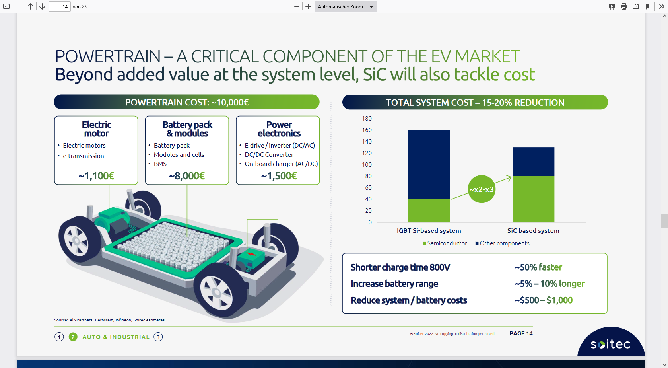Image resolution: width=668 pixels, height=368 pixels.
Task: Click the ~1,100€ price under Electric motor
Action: [x=96, y=176]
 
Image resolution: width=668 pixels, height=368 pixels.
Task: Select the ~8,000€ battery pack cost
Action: [x=187, y=176]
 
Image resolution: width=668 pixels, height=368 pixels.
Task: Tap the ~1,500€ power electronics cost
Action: [x=279, y=176]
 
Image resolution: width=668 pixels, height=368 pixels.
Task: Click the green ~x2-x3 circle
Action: [x=481, y=189]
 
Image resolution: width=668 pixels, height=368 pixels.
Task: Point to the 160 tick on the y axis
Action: [x=367, y=130]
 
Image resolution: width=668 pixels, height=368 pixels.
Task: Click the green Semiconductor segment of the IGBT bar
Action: [x=429, y=211]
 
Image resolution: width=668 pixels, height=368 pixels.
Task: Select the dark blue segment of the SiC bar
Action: [x=533, y=162]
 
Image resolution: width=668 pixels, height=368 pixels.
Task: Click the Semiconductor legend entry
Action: [x=445, y=243]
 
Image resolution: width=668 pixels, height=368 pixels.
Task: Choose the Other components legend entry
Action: [x=503, y=243]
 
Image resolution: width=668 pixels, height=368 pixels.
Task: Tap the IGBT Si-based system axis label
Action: [x=429, y=231]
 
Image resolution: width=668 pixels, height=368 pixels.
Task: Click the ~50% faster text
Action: [x=538, y=267]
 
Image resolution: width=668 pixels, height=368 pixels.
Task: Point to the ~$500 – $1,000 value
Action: [x=543, y=300]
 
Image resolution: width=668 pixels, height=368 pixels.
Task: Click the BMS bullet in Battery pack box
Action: [x=160, y=164]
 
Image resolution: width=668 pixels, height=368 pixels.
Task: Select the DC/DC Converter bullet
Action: [x=269, y=155]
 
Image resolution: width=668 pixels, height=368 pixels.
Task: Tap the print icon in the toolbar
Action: [x=623, y=6]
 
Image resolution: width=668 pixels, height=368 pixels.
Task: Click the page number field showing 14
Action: [x=60, y=6]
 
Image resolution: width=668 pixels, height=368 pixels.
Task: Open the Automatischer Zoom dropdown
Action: [x=346, y=6]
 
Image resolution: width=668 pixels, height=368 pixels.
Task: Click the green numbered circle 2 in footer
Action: [x=73, y=337]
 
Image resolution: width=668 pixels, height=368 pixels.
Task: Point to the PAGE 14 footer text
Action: [x=521, y=333]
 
